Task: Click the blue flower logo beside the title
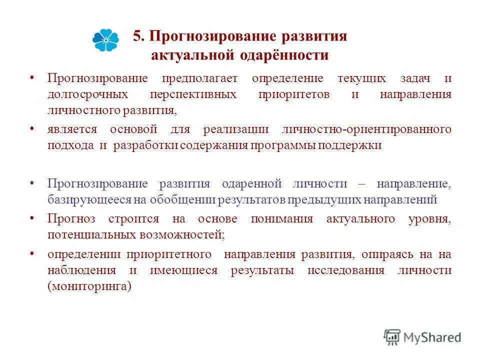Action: [x=105, y=40]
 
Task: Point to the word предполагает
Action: [x=200, y=79]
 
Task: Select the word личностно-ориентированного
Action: [x=367, y=129]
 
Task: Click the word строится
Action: [x=134, y=219]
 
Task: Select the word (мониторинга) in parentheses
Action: [x=89, y=286]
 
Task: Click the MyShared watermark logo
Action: [x=422, y=337]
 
